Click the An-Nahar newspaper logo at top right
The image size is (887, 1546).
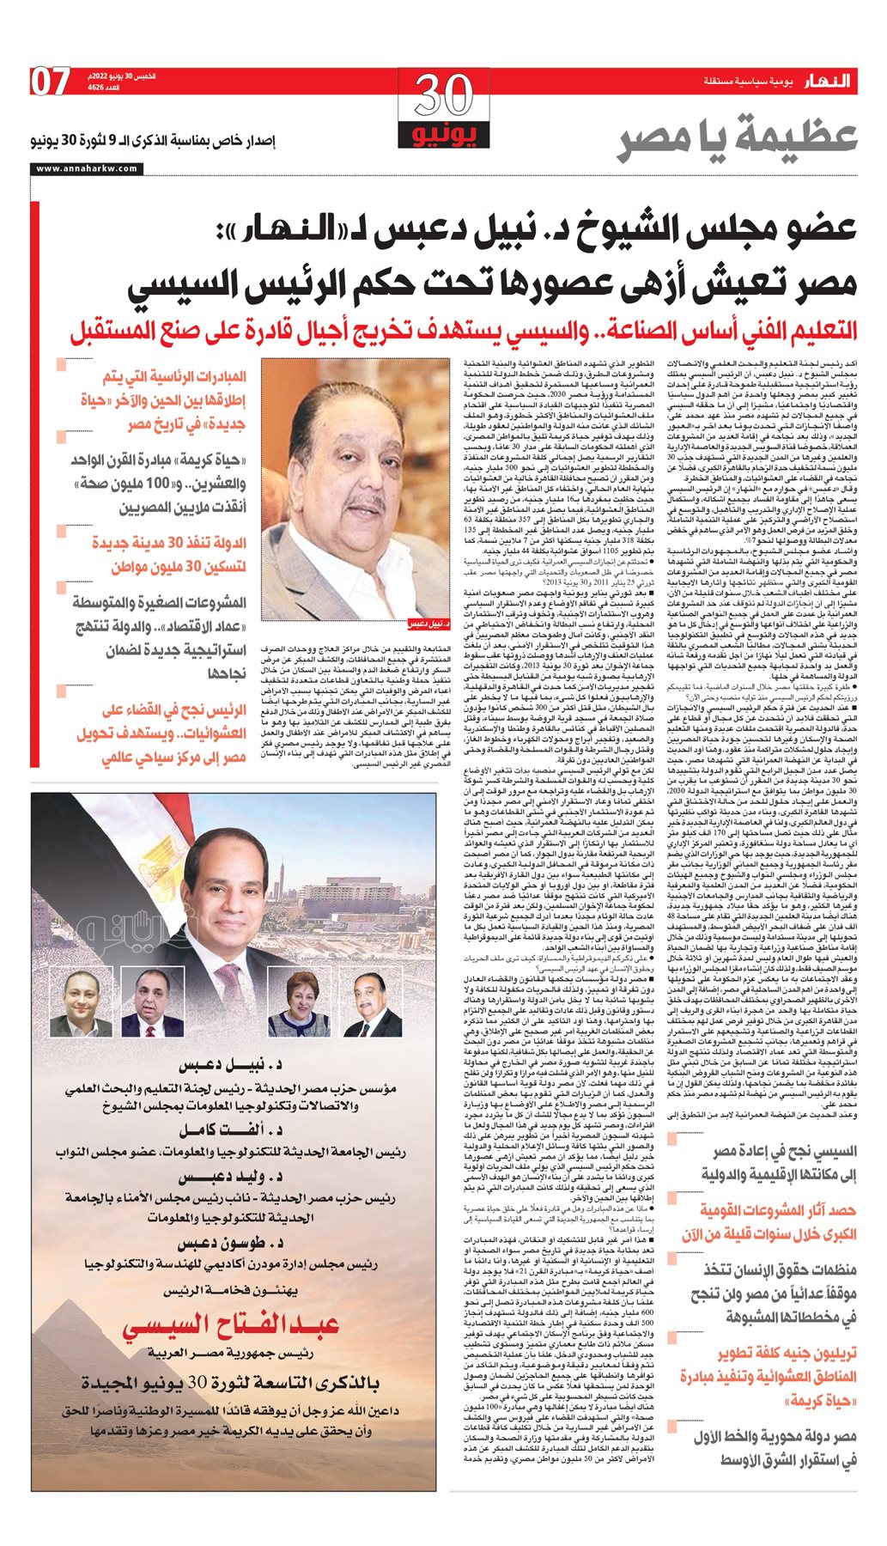(x=827, y=81)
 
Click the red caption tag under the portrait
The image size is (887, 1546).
(x=428, y=624)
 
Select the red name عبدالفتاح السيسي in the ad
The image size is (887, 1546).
(x=232, y=1327)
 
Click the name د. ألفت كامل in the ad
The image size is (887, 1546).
(x=231, y=1130)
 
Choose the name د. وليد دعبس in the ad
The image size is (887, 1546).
(x=231, y=1177)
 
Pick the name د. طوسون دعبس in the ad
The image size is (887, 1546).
(x=231, y=1243)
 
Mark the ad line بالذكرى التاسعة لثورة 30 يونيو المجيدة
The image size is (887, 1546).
(x=231, y=1383)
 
